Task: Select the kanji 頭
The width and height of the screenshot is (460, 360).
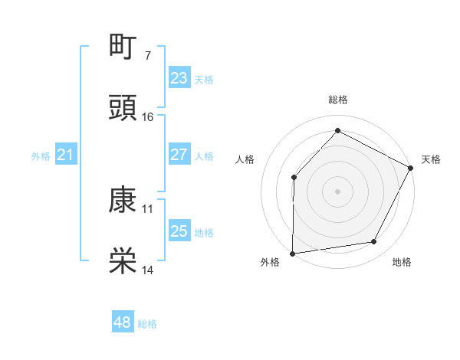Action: [x=123, y=108]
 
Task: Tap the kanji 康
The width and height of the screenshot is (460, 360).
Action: [x=123, y=200]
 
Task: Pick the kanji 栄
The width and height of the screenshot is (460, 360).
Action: [x=123, y=261]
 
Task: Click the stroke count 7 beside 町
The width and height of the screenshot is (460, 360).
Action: [x=147, y=55]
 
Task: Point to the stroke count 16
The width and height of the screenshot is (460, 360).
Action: [x=148, y=116]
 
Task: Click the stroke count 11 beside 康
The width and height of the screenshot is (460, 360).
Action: [x=148, y=208]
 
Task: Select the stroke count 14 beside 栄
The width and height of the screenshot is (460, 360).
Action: [x=148, y=270]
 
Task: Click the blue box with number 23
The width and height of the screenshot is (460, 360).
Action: [x=179, y=78]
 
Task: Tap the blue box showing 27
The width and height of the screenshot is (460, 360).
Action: [x=179, y=155]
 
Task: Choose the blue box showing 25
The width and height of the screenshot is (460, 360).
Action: [x=179, y=231]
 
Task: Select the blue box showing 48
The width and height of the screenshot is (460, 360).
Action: [x=123, y=322]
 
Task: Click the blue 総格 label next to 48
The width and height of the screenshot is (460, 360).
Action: [x=148, y=324]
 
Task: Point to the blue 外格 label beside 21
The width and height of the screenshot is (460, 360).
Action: [x=41, y=156]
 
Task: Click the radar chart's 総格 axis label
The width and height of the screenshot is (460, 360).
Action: [x=337, y=100]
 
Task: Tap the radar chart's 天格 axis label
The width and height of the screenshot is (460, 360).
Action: [x=432, y=159]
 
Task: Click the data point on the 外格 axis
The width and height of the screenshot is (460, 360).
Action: [x=293, y=253]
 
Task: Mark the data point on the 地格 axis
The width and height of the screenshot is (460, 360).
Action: [x=374, y=242]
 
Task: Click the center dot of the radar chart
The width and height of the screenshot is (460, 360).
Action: [x=337, y=191]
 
